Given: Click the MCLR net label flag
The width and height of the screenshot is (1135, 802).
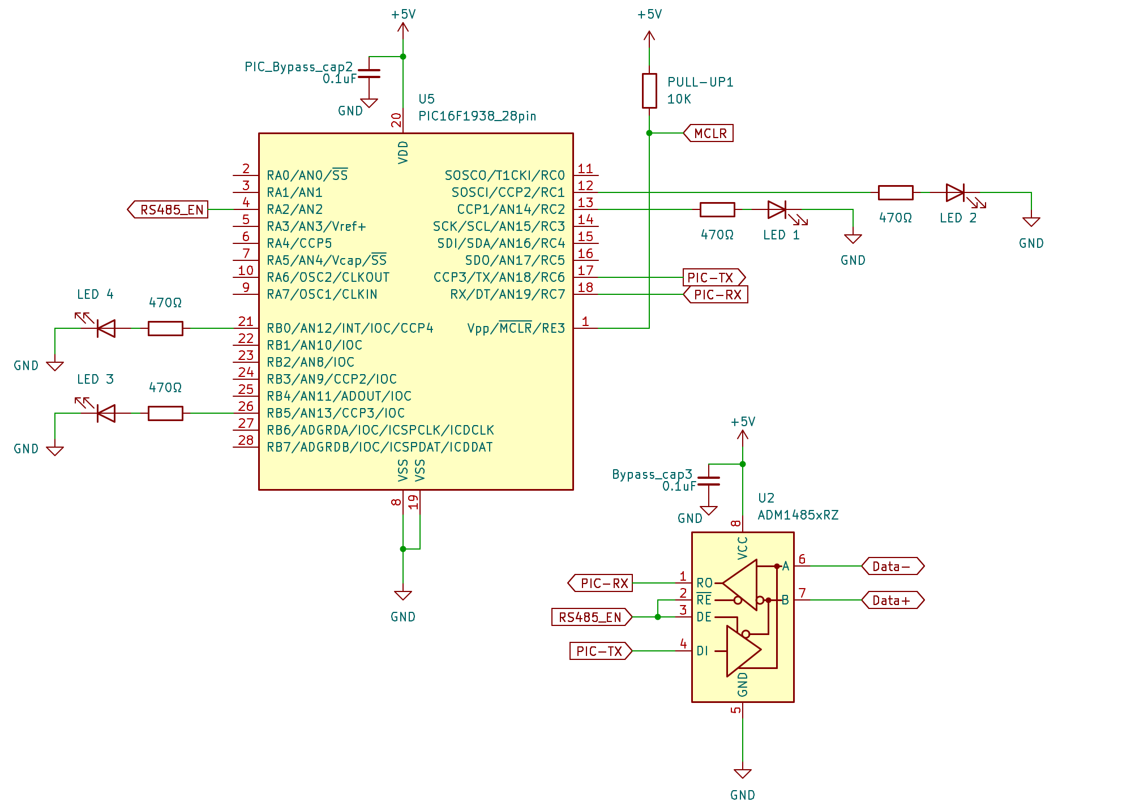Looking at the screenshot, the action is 708,133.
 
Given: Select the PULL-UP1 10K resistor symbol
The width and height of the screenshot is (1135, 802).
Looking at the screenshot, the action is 649,91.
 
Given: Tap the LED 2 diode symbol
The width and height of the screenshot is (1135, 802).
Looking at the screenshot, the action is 957,193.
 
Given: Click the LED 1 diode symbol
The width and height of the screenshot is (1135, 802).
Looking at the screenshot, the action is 778,210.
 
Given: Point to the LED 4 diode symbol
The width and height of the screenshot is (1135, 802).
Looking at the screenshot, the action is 105,328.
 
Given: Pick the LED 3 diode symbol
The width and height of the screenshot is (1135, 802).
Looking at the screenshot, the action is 105,413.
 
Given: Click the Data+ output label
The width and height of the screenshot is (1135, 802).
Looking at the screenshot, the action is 893,600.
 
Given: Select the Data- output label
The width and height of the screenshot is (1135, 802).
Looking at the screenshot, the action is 893,566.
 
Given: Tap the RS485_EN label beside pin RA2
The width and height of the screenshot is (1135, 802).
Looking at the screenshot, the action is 168,209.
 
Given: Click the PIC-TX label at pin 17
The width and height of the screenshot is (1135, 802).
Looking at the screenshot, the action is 714,277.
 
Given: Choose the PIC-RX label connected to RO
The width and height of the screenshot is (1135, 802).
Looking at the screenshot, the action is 600,583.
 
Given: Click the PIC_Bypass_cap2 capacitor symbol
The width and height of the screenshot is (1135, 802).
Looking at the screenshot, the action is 369,74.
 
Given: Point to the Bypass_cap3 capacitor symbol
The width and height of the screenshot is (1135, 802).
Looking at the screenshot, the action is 709,481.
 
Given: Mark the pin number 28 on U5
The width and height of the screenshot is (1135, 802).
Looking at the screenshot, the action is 246,440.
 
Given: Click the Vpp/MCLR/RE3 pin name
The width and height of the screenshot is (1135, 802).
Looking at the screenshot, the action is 516,328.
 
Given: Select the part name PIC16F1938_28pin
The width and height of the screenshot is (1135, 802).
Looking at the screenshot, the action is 477,116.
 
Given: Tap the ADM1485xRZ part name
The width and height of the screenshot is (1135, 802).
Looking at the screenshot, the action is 798,515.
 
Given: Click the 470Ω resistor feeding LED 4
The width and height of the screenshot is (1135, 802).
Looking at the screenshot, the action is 165,328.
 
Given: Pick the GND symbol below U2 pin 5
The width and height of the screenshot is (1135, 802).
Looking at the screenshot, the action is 742,774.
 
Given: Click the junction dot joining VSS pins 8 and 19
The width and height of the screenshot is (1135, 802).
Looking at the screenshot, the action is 403,549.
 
